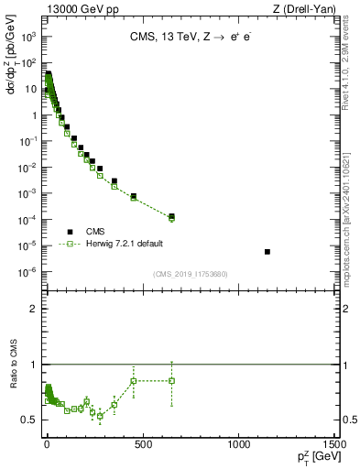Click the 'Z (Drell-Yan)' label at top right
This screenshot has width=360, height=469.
(x=304, y=8)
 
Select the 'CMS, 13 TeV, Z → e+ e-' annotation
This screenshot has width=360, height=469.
(x=190, y=38)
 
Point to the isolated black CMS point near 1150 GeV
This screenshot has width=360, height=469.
(x=267, y=252)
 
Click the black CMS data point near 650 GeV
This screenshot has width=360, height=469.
(x=171, y=216)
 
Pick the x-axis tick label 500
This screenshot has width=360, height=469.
(x=142, y=445)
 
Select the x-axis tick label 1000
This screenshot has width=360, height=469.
(x=238, y=445)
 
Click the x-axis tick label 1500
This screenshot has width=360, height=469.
(x=332, y=445)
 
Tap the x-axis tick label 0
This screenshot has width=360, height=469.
(x=46, y=445)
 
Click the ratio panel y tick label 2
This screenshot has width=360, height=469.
(x=34, y=309)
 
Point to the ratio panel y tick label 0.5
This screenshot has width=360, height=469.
(x=31, y=420)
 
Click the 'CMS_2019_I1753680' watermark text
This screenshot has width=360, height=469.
(x=190, y=274)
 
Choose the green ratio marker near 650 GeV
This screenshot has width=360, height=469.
(x=171, y=380)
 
